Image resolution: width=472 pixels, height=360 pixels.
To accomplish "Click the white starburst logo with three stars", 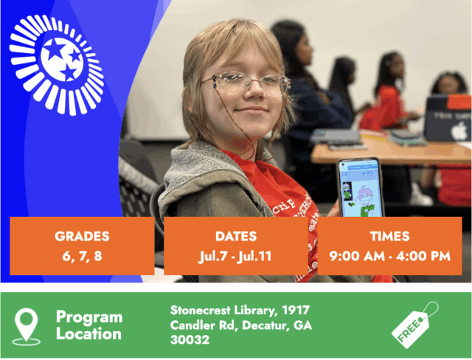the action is tap(57, 65).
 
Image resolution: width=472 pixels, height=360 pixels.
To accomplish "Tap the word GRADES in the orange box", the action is tap(82, 236).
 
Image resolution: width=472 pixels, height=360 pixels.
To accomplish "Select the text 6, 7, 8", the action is tap(82, 256).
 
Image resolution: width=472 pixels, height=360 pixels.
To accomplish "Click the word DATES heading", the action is tap(236, 236).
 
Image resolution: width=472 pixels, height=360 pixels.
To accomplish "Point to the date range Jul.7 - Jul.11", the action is tap(235, 257).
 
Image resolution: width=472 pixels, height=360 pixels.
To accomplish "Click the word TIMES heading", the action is tap(390, 236).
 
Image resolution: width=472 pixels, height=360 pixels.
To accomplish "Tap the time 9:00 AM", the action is tap(357, 256).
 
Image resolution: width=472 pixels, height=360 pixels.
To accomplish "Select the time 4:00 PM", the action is tap(423, 256).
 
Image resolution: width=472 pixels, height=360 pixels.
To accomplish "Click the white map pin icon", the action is tap(27, 327).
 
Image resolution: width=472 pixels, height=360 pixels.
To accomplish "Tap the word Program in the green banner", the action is tap(89, 318).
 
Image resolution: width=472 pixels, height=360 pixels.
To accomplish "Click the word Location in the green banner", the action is tap(88, 334).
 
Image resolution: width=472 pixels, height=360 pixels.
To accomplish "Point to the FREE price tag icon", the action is tap(414, 325).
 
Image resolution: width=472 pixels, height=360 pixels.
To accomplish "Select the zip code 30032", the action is tap(190, 340).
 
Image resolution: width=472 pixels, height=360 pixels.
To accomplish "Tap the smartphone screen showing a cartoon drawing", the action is tap(361, 189).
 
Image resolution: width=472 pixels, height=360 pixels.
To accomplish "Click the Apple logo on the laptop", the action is tap(459, 131).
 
